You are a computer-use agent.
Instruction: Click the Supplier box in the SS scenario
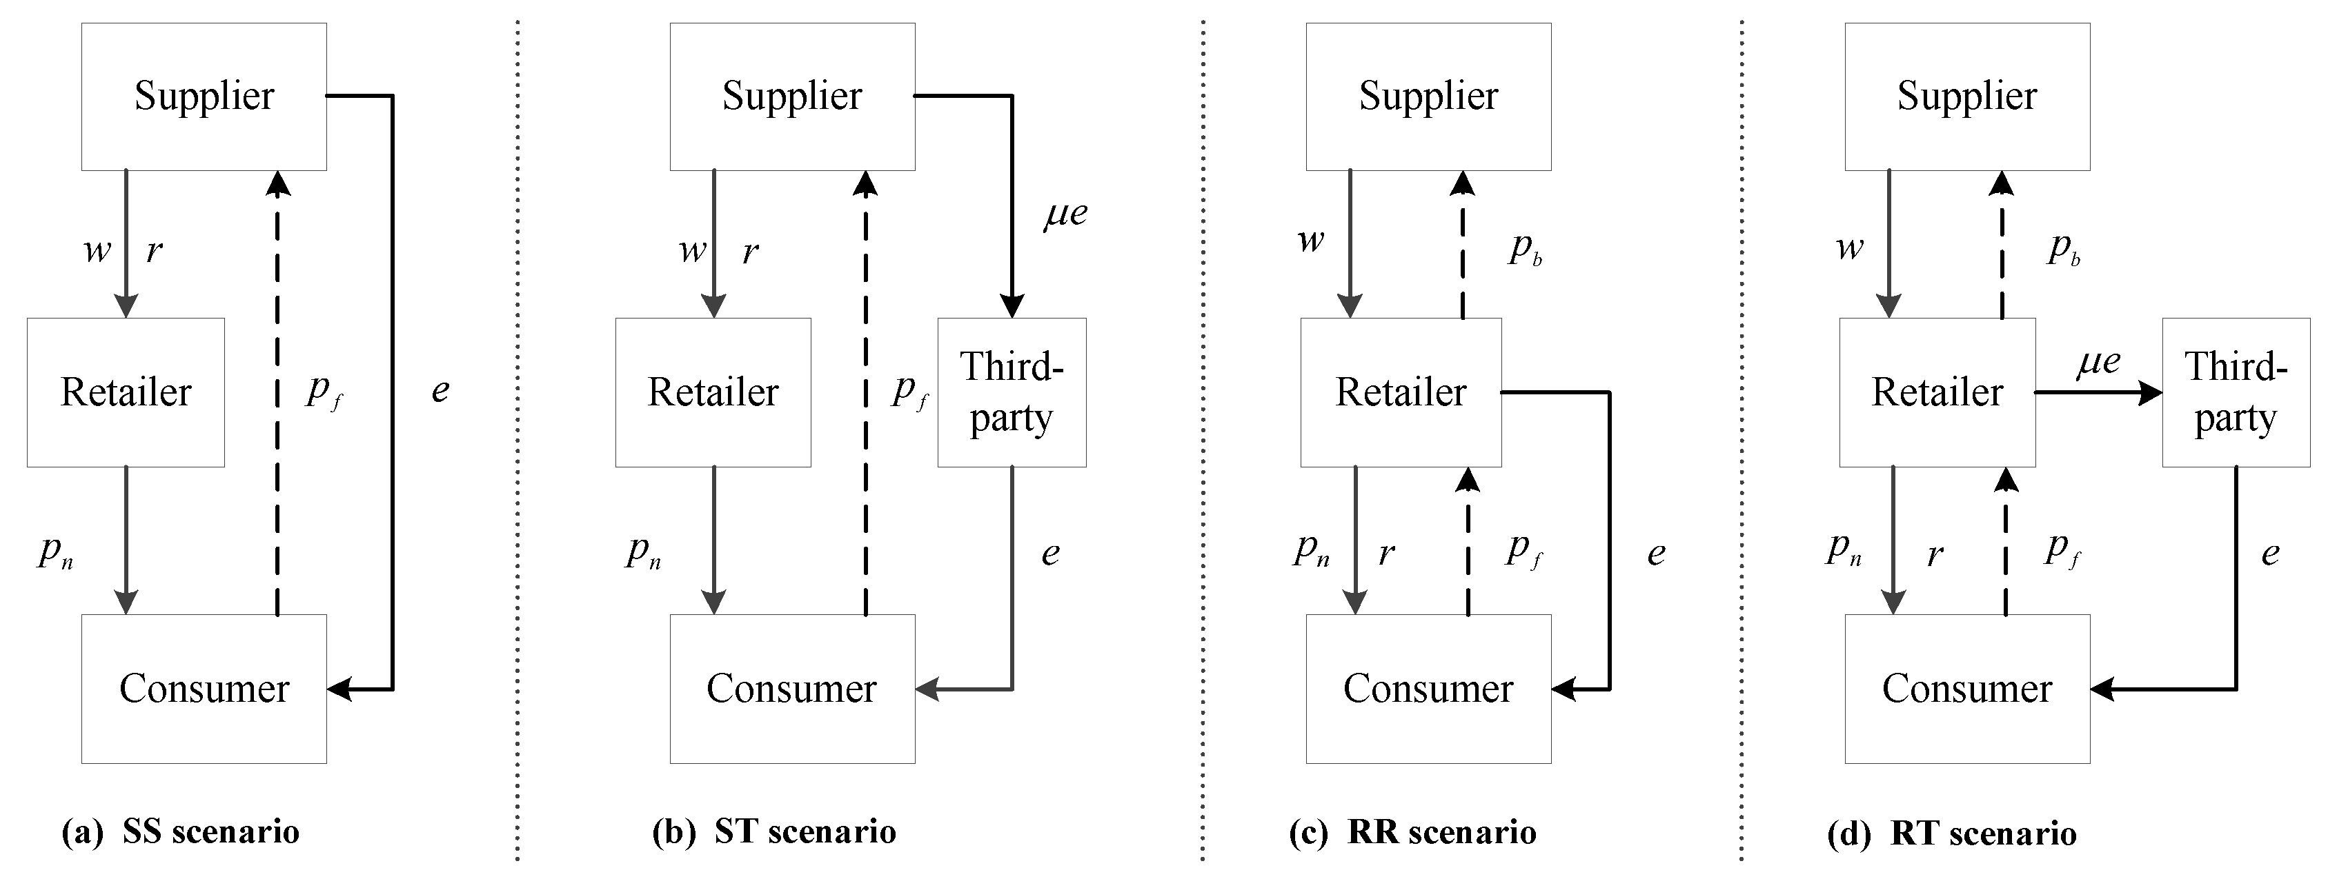click(204, 96)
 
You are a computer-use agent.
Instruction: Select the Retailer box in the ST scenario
click(712, 392)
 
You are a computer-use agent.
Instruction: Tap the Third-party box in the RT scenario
click(2235, 392)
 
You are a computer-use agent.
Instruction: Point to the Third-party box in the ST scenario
click(1012, 392)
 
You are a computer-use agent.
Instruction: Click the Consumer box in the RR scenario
click(1428, 689)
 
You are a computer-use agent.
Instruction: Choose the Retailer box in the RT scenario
click(1937, 392)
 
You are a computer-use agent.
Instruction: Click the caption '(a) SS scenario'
click(181, 832)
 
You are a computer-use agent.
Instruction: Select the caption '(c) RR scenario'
click(1412, 832)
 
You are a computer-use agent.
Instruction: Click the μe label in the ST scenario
click(1065, 214)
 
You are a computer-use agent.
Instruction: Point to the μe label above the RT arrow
click(2098, 362)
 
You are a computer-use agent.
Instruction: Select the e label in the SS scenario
click(440, 391)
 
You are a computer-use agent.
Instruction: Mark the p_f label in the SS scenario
click(324, 390)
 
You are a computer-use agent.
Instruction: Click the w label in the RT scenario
click(1850, 247)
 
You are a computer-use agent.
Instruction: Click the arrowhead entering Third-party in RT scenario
click(2151, 393)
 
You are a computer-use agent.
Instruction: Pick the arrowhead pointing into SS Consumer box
click(339, 689)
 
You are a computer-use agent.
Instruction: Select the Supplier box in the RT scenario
click(1966, 96)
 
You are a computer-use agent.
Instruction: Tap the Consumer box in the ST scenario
click(791, 689)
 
